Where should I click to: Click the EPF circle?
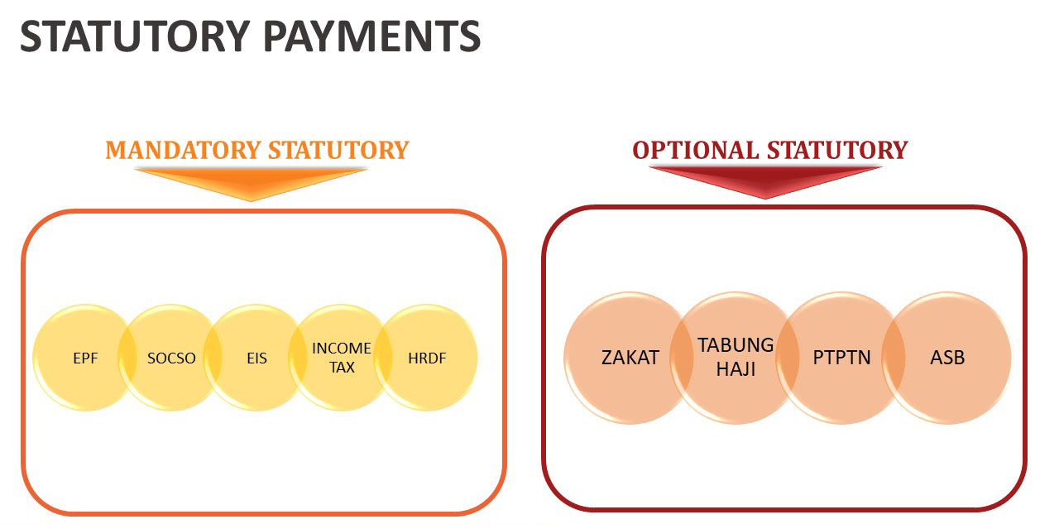(85, 358)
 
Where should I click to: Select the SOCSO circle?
(171, 358)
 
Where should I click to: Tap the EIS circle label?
(256, 358)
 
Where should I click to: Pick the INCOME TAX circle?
(342, 358)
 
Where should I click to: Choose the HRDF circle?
(427, 358)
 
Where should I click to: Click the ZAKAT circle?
(630, 358)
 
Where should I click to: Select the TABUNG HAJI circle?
(736, 358)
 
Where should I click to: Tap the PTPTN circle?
(841, 358)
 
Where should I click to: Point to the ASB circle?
(947, 358)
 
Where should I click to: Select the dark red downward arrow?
(765, 182)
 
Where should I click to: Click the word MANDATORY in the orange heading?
(183, 151)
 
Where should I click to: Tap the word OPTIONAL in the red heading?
(696, 151)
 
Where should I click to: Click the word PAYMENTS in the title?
(371, 36)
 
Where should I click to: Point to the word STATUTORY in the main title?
(135, 36)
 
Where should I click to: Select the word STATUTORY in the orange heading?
(338, 151)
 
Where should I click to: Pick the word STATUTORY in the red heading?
(837, 151)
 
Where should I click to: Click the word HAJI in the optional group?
(736, 369)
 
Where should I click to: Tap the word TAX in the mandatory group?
(342, 368)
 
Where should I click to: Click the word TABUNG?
(736, 345)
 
